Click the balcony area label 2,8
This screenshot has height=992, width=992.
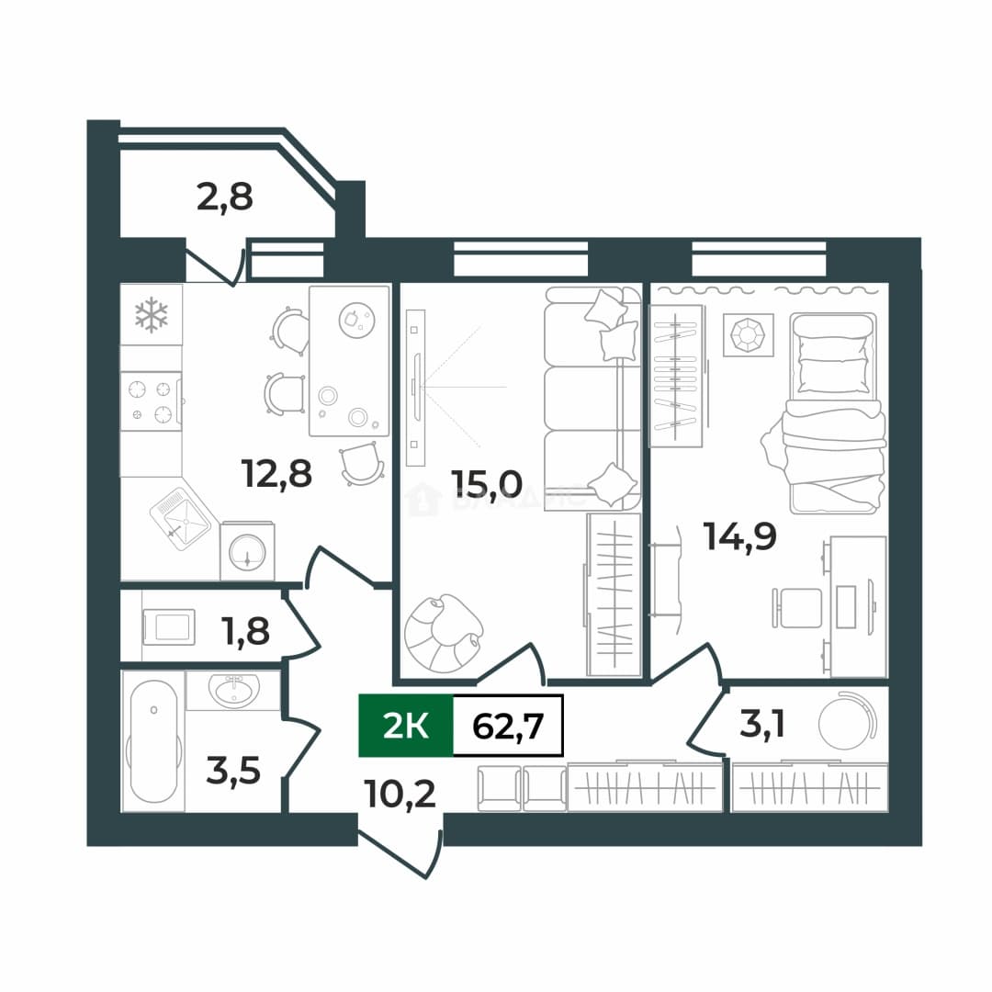point(225,197)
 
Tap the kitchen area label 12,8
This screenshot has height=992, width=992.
point(276,474)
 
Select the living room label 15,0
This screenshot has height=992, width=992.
point(487,484)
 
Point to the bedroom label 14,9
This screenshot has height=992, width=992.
point(739,537)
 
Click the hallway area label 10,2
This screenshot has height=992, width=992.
point(400,794)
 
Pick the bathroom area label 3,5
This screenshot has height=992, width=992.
point(233,771)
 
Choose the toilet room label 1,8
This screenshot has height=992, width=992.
point(245,631)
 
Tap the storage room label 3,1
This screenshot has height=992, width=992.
point(762,724)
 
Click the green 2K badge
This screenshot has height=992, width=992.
point(406,725)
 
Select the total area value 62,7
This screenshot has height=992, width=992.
point(508,725)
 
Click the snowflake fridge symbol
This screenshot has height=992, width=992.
point(152,315)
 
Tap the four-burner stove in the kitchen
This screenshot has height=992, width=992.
point(152,401)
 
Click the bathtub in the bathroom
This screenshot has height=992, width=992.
point(153,741)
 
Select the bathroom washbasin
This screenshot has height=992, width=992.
point(233,690)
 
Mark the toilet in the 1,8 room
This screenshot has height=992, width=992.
point(169,627)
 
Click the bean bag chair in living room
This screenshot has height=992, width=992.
point(444,633)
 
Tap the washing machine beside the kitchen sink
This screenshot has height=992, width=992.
point(247,551)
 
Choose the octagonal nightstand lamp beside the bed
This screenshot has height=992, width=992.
point(749,333)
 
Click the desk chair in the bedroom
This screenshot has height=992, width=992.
point(796,608)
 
